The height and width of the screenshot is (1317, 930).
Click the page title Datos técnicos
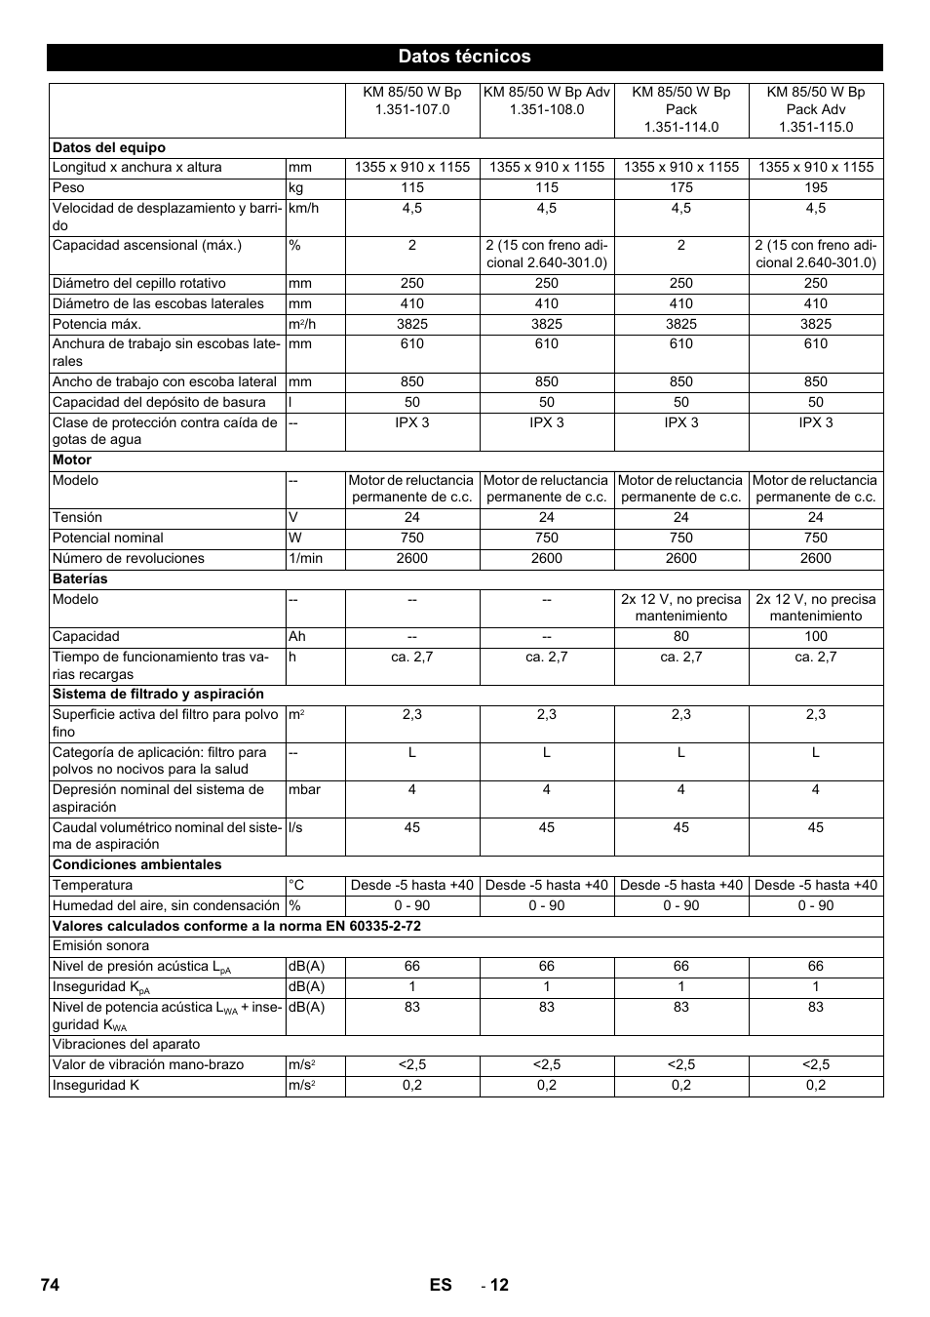click(464, 57)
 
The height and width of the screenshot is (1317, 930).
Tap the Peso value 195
click(815, 187)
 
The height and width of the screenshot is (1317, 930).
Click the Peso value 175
click(680, 187)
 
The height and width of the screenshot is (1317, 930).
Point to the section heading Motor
click(72, 459)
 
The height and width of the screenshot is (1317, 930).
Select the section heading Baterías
click(80, 579)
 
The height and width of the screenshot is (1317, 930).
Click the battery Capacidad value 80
click(680, 636)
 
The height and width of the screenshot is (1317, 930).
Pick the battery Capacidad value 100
click(815, 636)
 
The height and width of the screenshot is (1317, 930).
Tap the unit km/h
click(303, 208)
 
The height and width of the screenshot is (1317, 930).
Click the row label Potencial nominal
click(108, 538)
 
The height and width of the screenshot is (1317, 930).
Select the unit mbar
click(304, 789)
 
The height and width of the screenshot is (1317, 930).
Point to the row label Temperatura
click(93, 885)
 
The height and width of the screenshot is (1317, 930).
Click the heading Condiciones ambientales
click(136, 864)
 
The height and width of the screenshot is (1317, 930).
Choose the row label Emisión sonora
click(101, 945)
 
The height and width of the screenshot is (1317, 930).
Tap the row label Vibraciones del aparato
click(126, 1044)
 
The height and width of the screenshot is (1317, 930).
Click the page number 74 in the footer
click(51, 1285)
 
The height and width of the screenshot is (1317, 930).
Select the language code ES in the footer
click(441, 1285)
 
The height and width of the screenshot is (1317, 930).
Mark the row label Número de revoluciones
click(129, 558)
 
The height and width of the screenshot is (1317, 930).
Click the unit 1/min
click(305, 558)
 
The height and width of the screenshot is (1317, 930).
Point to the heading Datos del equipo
click(109, 147)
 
